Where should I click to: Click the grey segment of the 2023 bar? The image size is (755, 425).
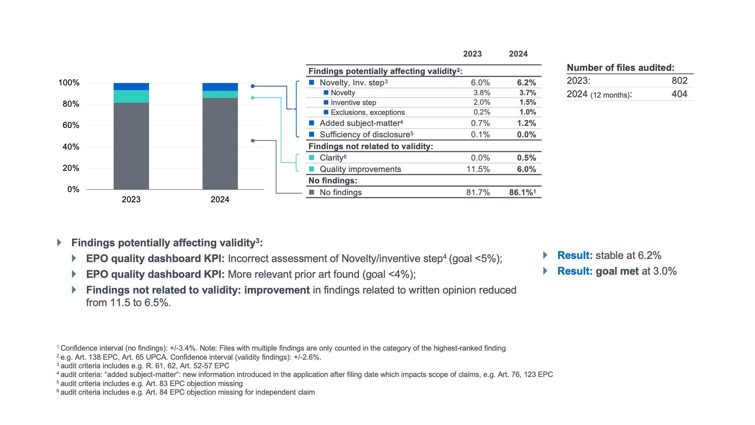click(131, 146)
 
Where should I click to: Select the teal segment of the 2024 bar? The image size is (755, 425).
click(220, 94)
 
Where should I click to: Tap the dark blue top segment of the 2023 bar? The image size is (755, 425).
click(131, 87)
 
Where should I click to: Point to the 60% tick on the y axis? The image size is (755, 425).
click(69, 125)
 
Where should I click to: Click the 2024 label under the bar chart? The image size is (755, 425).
click(220, 200)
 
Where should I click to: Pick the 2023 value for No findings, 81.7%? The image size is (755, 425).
click(478, 192)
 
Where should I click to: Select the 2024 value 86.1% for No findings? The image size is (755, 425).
click(521, 192)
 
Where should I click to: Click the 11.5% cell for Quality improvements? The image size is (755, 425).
click(478, 169)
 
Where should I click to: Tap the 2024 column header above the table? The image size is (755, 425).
click(518, 54)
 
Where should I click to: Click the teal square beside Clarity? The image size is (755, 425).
click(311, 158)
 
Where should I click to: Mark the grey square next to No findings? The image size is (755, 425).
click(311, 192)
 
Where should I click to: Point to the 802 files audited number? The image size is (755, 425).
click(679, 81)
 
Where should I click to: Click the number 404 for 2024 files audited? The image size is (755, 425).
click(679, 94)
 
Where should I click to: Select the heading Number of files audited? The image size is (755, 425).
click(621, 68)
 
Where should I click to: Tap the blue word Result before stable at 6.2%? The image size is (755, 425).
click(575, 255)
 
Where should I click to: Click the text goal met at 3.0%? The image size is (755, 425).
click(636, 271)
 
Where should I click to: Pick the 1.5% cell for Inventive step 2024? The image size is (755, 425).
click(527, 102)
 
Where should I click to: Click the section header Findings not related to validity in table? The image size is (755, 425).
click(370, 146)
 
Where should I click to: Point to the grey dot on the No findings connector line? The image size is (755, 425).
click(253, 140)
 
